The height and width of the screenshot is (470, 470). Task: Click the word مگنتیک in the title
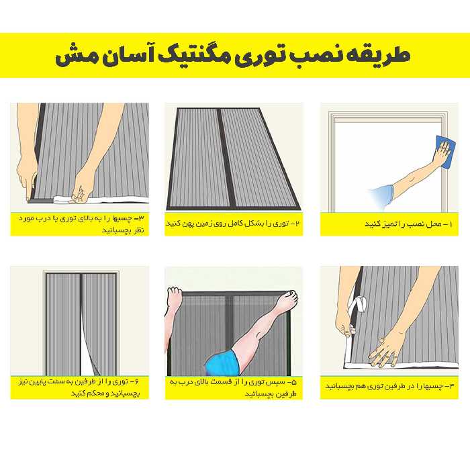pos(193,56)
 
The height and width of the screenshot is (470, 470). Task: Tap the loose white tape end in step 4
pos(357,305)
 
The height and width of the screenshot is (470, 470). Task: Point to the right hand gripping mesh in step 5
pos(289,299)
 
